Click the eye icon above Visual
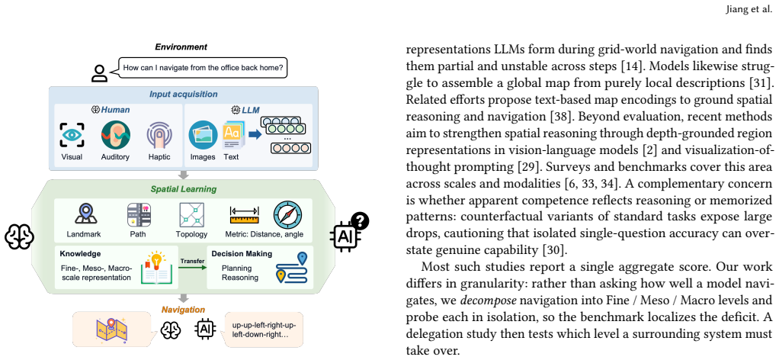click(x=72, y=135)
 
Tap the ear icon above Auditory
click(x=115, y=135)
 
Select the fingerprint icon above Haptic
click(x=159, y=135)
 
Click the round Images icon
click(x=203, y=135)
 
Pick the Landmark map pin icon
click(x=85, y=214)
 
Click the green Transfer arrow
click(x=192, y=268)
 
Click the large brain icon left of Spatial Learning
click(x=19, y=236)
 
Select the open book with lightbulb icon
click(x=157, y=268)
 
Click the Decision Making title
click(x=242, y=253)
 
